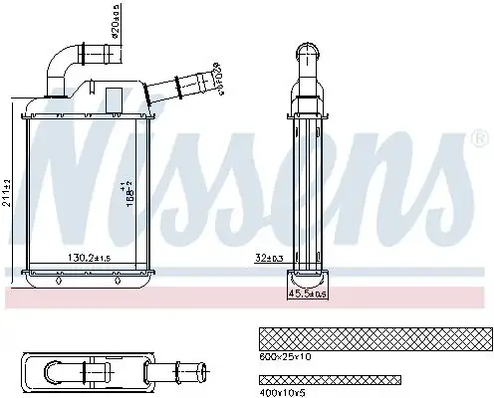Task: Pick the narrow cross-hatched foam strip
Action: coord(329,379)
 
